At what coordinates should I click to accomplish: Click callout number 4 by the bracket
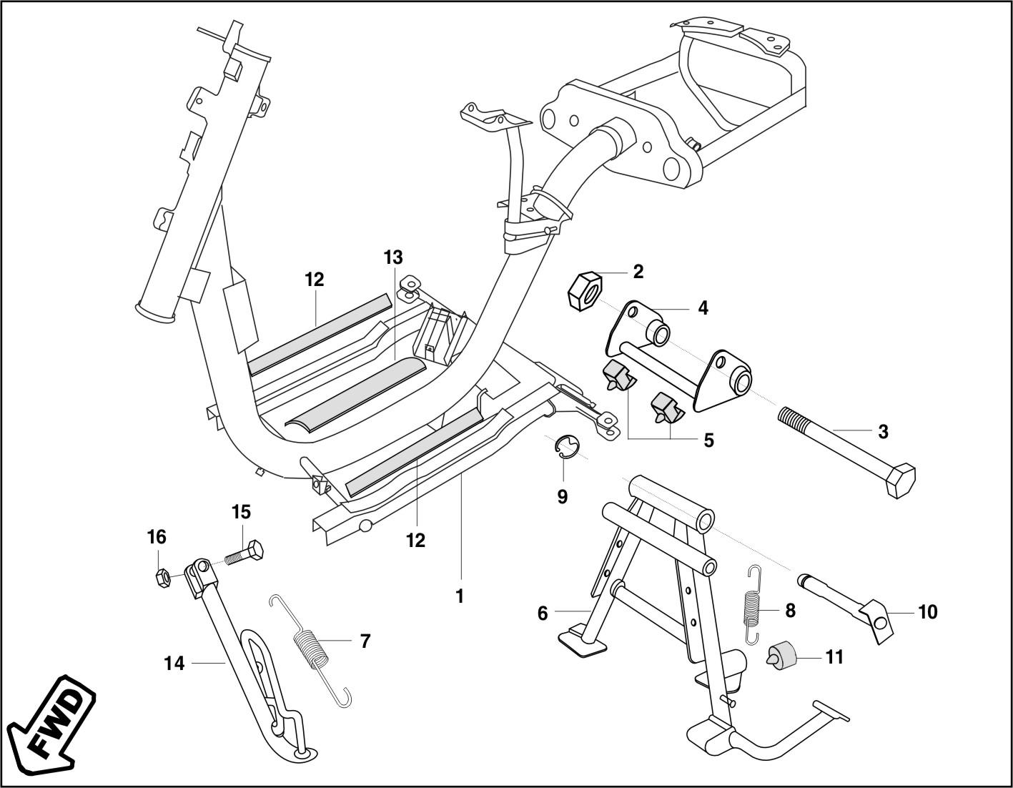tap(703, 308)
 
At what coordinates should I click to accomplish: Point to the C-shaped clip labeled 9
tap(567, 448)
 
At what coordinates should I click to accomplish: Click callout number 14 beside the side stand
tap(174, 664)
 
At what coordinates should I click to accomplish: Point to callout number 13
tap(392, 257)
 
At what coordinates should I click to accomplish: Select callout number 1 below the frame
tap(460, 596)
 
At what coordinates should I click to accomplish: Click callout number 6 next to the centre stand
tap(542, 613)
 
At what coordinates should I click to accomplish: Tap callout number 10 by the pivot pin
tap(927, 612)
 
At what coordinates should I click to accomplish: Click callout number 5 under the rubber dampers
tap(708, 440)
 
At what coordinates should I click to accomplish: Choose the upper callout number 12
tap(315, 280)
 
